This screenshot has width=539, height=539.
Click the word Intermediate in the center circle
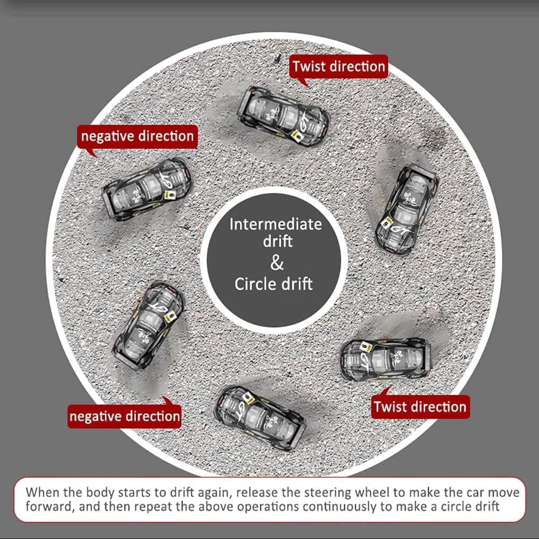pyautogui.click(x=275, y=224)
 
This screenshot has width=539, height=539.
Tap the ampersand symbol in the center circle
pyautogui.click(x=277, y=263)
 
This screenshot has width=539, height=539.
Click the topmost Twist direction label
pyautogui.click(x=338, y=66)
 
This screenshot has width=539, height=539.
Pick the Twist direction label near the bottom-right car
pyautogui.click(x=420, y=406)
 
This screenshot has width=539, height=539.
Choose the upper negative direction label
pyautogui.click(x=137, y=136)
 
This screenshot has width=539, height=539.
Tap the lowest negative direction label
pyautogui.click(x=125, y=416)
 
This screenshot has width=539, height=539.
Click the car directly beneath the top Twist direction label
pyautogui.click(x=284, y=116)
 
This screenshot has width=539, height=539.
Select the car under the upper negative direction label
pyautogui.click(x=147, y=189)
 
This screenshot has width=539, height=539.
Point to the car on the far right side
pyautogui.click(x=406, y=210)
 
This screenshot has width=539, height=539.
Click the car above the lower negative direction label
pyautogui.click(x=149, y=325)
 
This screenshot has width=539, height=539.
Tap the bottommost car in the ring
pyautogui.click(x=260, y=417)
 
